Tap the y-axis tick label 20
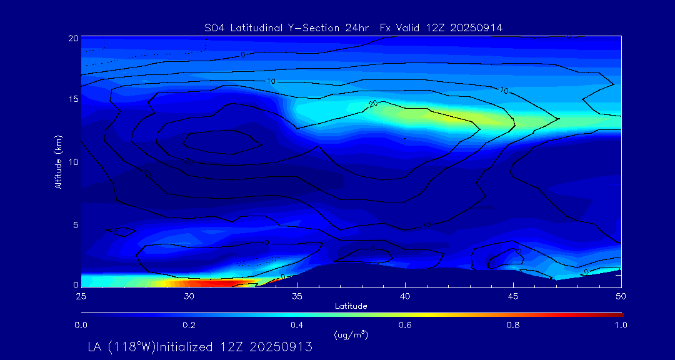(73, 39)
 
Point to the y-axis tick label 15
(73, 100)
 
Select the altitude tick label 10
(73, 162)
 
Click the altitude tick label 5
(76, 224)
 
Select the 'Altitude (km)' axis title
(59, 161)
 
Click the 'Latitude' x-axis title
(351, 306)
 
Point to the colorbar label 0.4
(297, 325)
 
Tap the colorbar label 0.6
(405, 325)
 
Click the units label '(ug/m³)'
(351, 335)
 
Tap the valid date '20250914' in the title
(479, 27)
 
